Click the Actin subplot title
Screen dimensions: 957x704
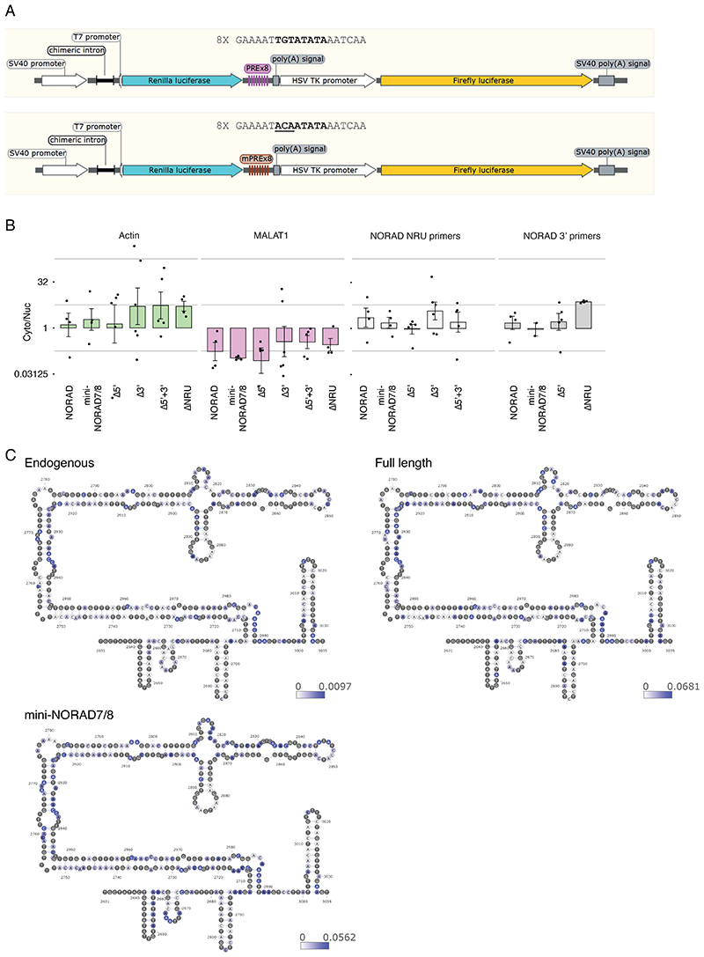tap(127, 236)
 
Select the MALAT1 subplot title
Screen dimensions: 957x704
tap(275, 236)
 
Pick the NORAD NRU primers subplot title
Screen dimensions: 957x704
tap(422, 236)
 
